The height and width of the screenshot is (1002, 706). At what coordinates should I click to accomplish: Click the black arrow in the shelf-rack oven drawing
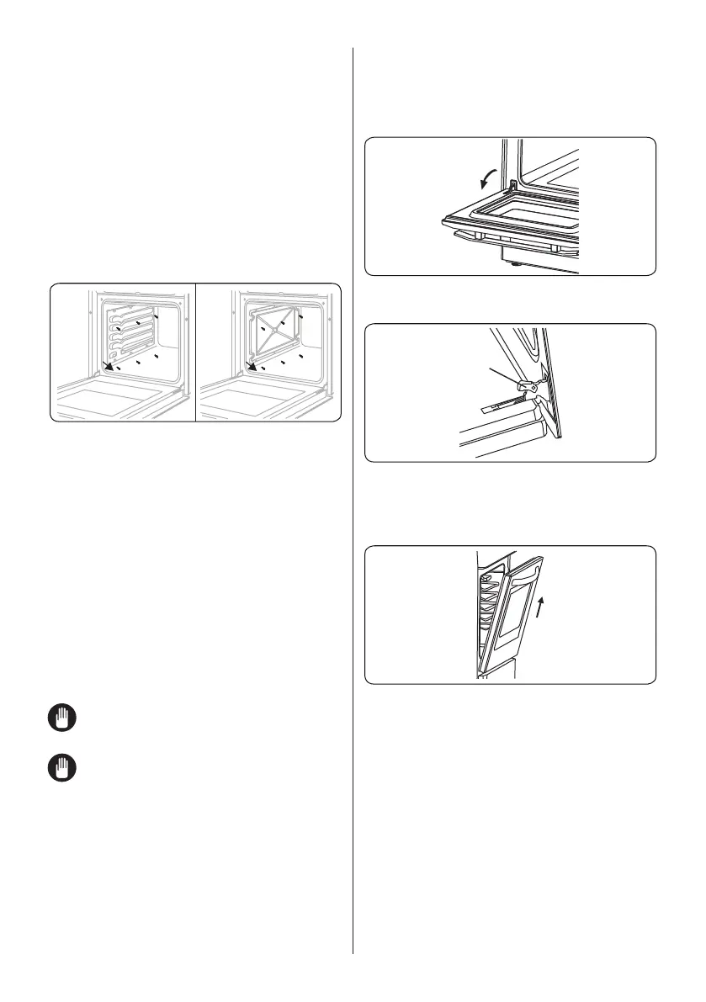pyautogui.click(x=109, y=364)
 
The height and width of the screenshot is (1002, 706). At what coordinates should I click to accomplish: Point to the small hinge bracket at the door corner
pyautogui.click(x=512, y=180)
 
